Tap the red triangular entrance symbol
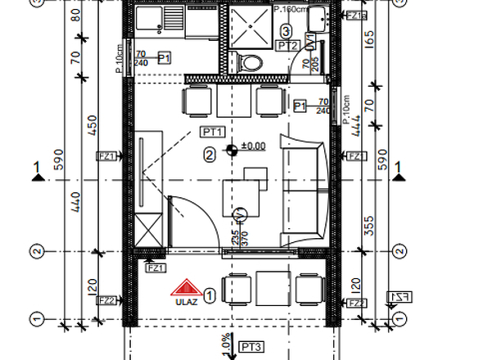click(185, 287)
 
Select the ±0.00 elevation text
click(253, 146)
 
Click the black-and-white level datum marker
click(232, 148)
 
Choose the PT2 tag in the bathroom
click(287, 46)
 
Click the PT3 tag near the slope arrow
click(251, 347)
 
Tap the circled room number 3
click(285, 31)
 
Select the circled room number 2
click(210, 153)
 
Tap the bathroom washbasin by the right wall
click(320, 17)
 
